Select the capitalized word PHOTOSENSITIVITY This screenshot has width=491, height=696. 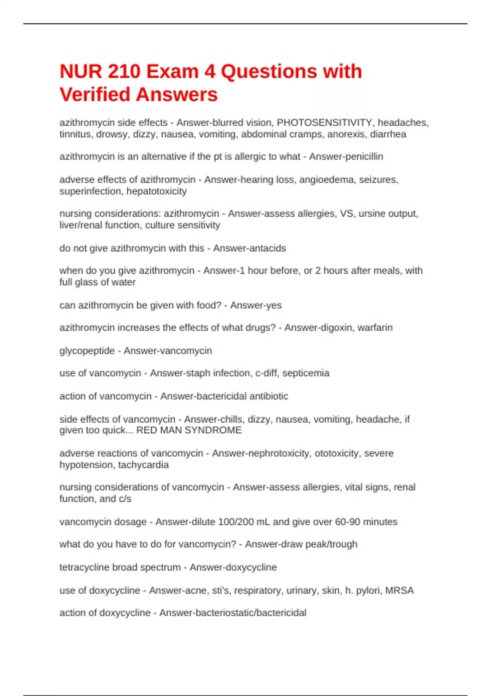(324, 123)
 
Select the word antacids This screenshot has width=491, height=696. (268, 248)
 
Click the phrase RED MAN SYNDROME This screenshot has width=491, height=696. (189, 430)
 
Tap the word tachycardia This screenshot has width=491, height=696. (143, 465)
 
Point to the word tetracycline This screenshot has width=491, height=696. (84, 567)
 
